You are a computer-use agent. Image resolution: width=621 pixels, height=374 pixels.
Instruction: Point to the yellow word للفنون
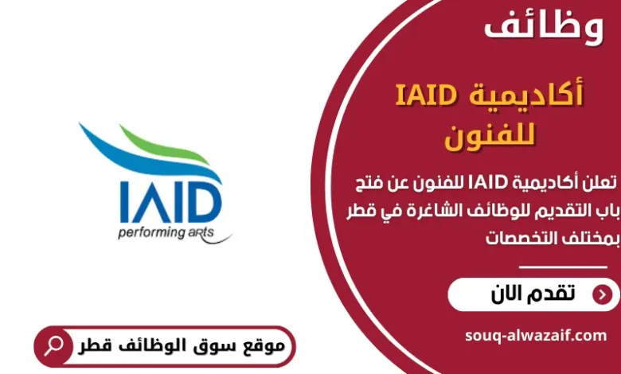click(492, 136)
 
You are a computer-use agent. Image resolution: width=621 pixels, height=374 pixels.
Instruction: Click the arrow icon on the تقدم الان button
click(603, 294)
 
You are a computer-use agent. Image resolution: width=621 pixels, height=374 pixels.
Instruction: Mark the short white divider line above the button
click(562, 267)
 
